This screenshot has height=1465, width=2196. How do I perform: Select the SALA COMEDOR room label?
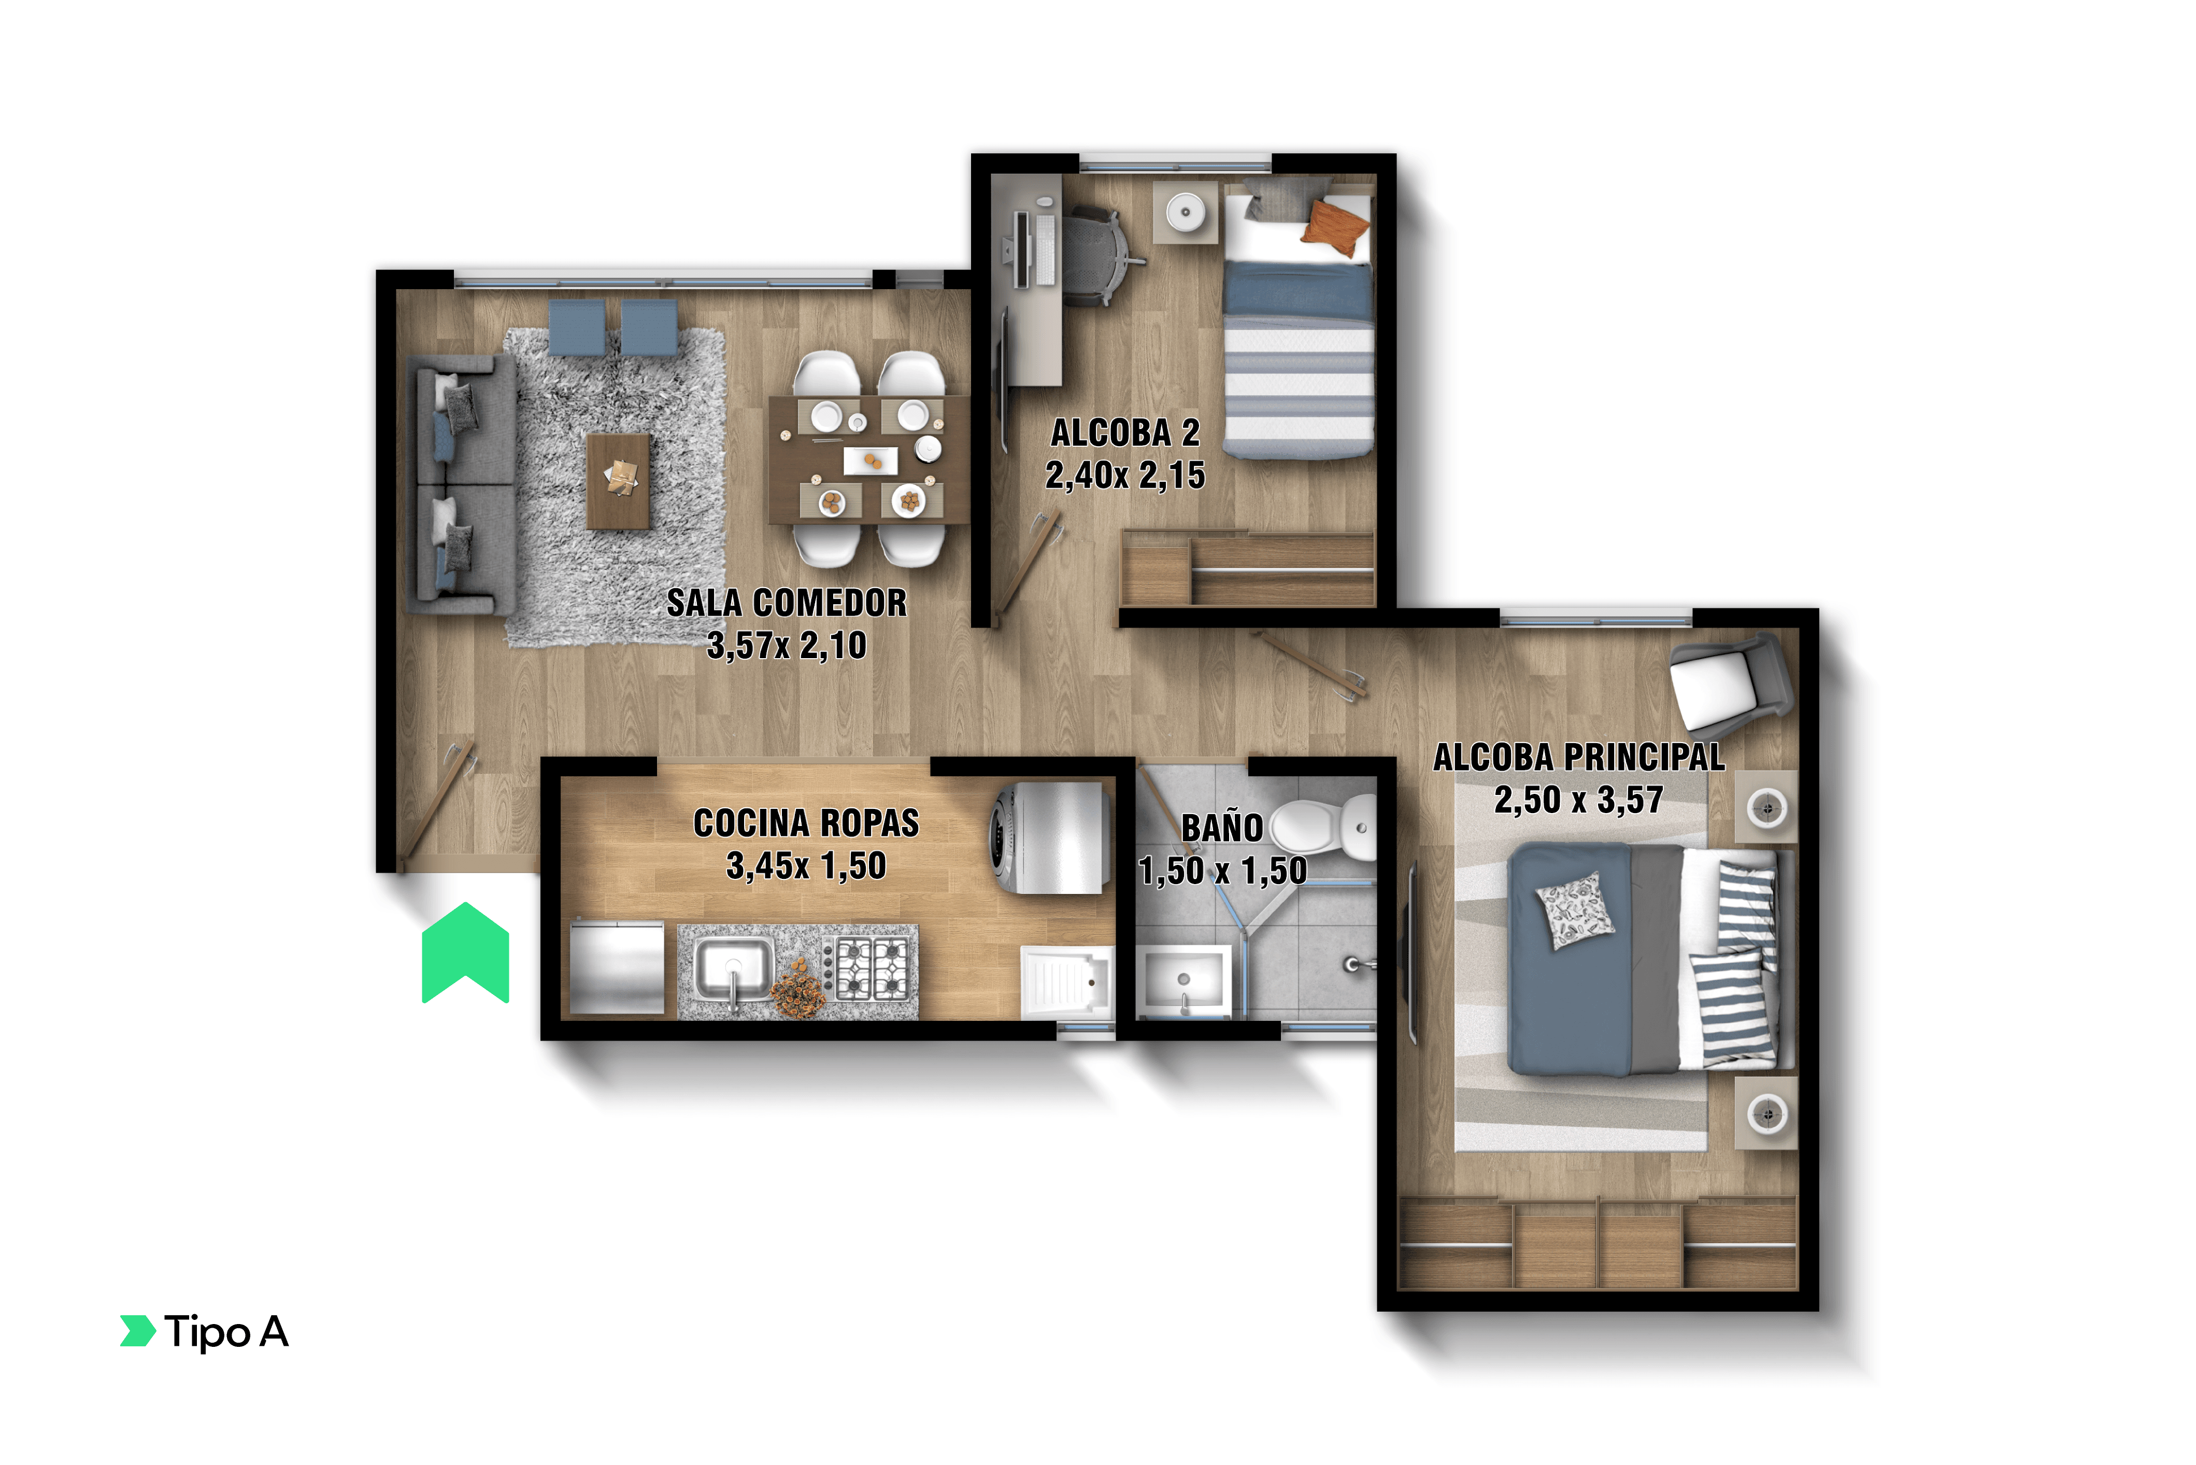coord(787,603)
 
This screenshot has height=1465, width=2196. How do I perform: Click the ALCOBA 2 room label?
coord(1125,433)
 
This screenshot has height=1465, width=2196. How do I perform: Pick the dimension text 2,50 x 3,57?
coord(1578,800)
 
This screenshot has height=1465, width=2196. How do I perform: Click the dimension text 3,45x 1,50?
coord(806,865)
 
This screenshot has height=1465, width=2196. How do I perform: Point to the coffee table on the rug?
coord(618,481)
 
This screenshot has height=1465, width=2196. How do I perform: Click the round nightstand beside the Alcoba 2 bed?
coord(1186,212)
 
